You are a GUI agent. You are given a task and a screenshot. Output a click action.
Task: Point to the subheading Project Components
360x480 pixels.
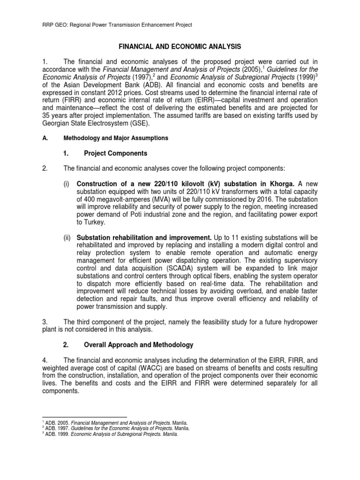coord(115,153)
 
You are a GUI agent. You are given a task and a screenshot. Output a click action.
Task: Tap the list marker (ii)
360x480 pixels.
coord(68,238)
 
